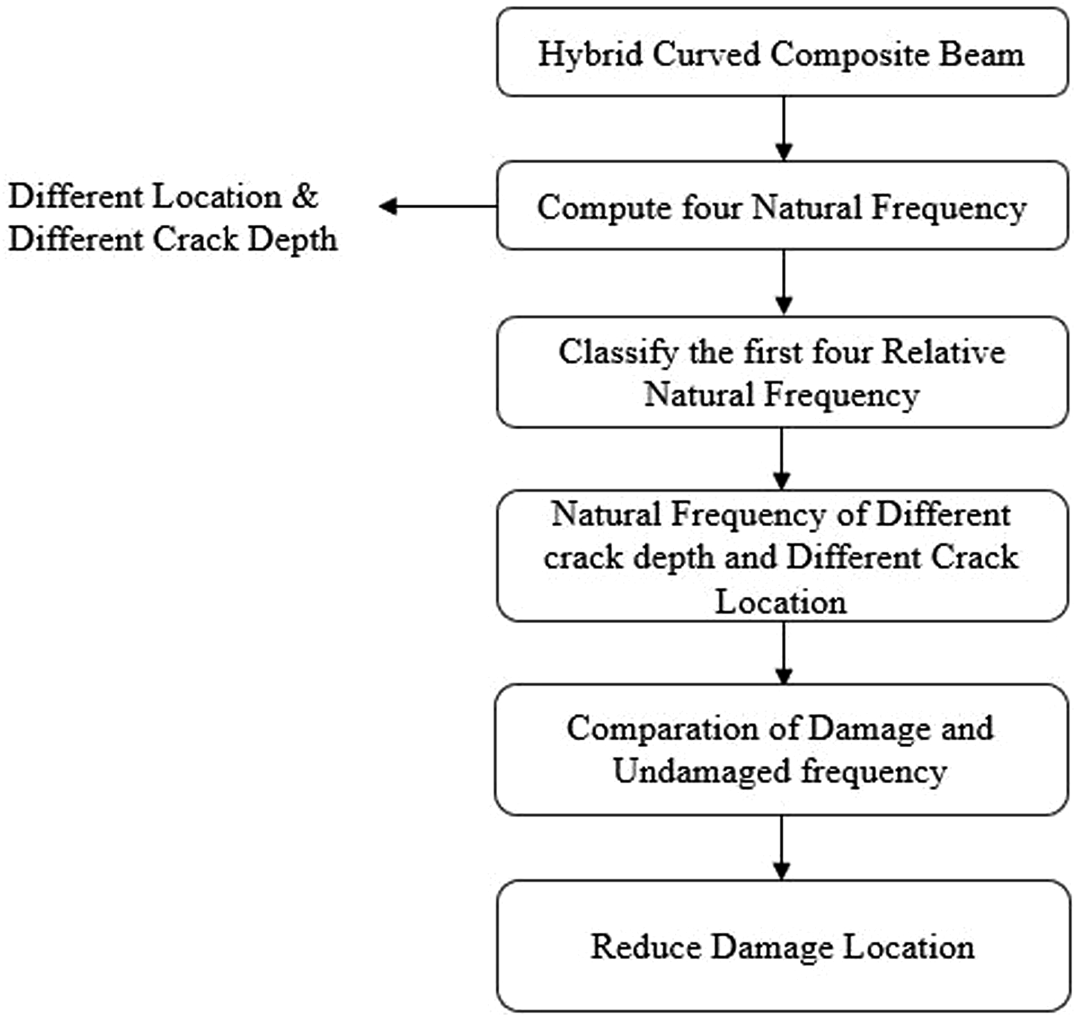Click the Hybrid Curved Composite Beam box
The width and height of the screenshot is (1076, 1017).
(783, 52)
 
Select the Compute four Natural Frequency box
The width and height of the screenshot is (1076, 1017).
(783, 206)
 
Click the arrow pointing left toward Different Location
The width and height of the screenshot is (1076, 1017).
(438, 206)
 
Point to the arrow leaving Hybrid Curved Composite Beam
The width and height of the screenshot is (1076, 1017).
(784, 129)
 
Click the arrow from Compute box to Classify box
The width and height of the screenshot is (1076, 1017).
(784, 282)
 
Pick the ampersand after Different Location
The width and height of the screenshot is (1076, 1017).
(305, 196)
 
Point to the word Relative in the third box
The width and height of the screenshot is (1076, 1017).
(944, 352)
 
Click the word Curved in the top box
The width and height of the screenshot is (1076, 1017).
(706, 55)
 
